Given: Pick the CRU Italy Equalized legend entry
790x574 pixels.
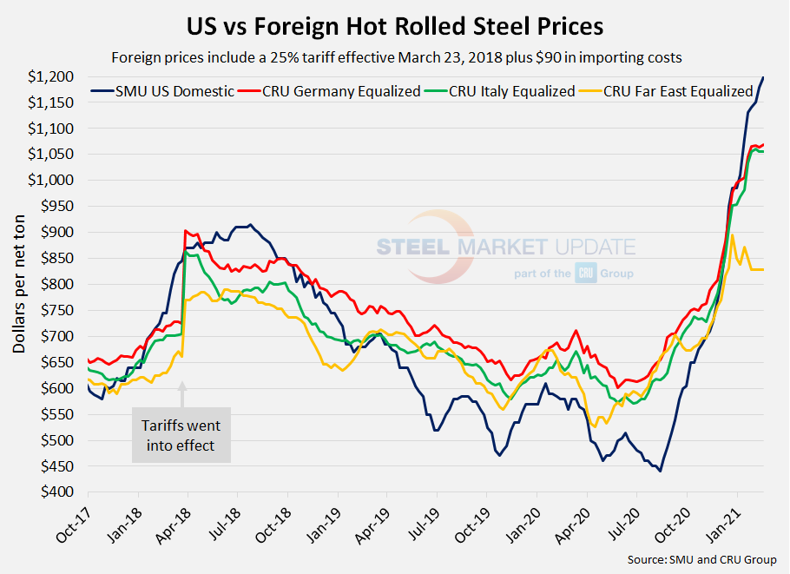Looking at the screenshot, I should tap(504, 90).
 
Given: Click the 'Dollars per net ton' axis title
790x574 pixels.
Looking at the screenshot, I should tap(18, 284).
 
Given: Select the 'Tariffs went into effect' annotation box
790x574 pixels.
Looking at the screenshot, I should tap(181, 435).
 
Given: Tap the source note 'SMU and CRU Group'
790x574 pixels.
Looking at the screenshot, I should tap(702, 560).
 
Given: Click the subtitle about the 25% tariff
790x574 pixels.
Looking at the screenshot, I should tap(395, 58).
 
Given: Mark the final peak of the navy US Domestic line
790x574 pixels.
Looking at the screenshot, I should tap(763, 77).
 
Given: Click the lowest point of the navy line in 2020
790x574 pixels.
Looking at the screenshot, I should tap(660, 471).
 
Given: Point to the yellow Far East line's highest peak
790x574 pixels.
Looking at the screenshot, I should tap(733, 234).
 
